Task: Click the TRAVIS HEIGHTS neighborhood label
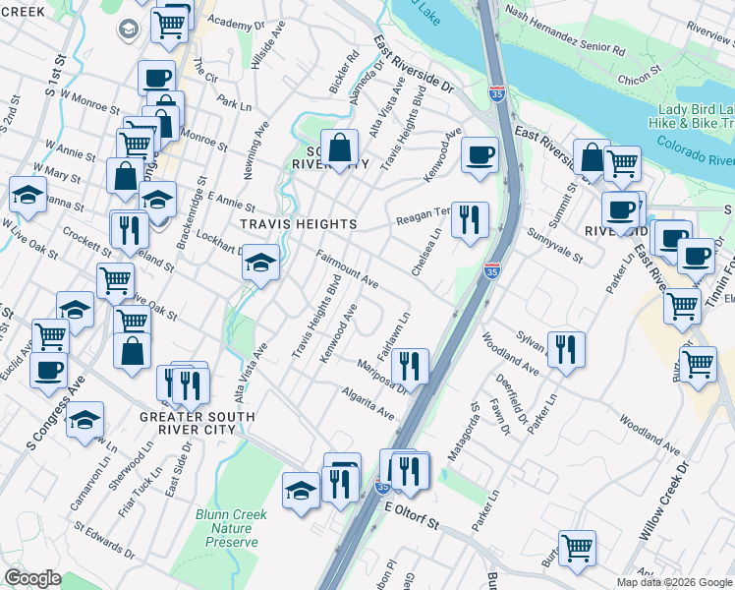pyautogui.click(x=299, y=224)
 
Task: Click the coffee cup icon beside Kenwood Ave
pyautogui.click(x=480, y=155)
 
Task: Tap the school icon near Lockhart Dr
pyautogui.click(x=260, y=264)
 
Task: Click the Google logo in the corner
pyautogui.click(x=33, y=578)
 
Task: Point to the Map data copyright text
pyautogui.click(x=674, y=582)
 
